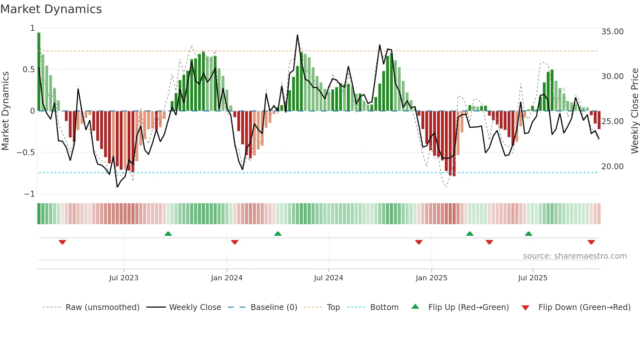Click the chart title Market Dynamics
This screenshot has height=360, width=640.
51,9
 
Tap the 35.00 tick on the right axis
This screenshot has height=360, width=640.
612,32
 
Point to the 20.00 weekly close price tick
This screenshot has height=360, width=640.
612,167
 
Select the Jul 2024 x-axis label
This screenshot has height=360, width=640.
328,278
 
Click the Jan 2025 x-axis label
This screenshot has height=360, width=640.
431,278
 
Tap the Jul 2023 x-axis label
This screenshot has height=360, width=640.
124,278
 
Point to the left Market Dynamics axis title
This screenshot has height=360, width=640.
5,111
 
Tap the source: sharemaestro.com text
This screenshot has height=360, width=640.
575,256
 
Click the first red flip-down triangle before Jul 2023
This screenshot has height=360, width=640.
62,242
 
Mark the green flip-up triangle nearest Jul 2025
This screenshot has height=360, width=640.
528,234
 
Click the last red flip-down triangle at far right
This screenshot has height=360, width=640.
591,242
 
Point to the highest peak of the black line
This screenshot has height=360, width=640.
297,35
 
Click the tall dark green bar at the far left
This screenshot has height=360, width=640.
39,72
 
